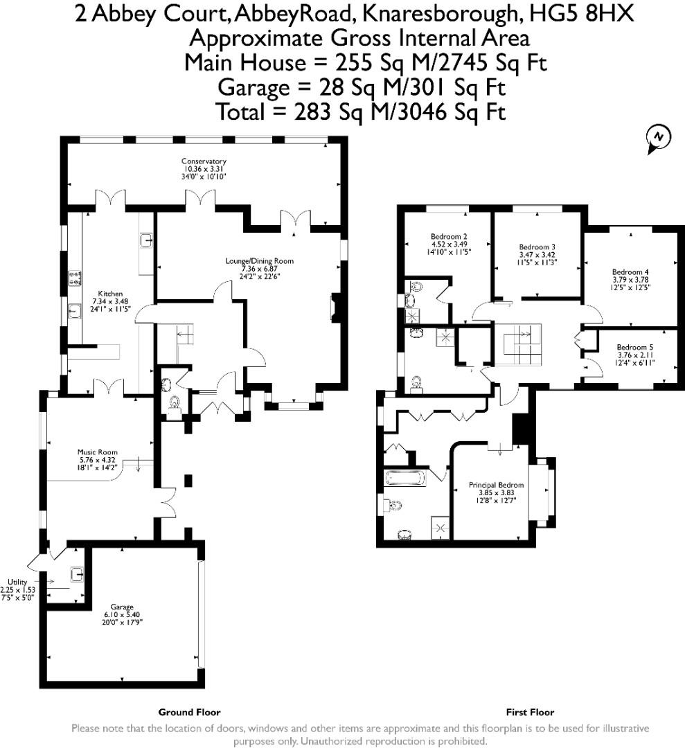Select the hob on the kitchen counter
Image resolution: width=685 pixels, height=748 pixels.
[x=74, y=278]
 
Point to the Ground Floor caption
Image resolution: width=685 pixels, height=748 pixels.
[x=189, y=712]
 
